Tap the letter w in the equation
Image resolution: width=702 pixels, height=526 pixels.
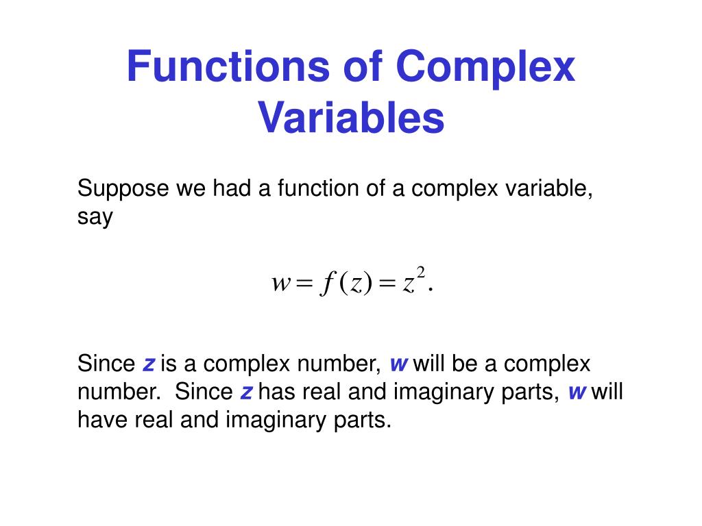coord(282,284)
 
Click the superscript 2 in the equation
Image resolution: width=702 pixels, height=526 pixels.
coord(421,274)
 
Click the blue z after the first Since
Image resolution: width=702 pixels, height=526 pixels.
coord(148,363)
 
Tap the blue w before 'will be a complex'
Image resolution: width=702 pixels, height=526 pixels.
coord(399,363)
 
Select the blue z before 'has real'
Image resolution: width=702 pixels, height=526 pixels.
coord(247,392)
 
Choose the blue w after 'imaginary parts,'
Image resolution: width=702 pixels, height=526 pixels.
coord(578,392)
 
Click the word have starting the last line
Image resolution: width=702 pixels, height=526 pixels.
coord(101,420)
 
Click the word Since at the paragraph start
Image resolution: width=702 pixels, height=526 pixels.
coord(106,363)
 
